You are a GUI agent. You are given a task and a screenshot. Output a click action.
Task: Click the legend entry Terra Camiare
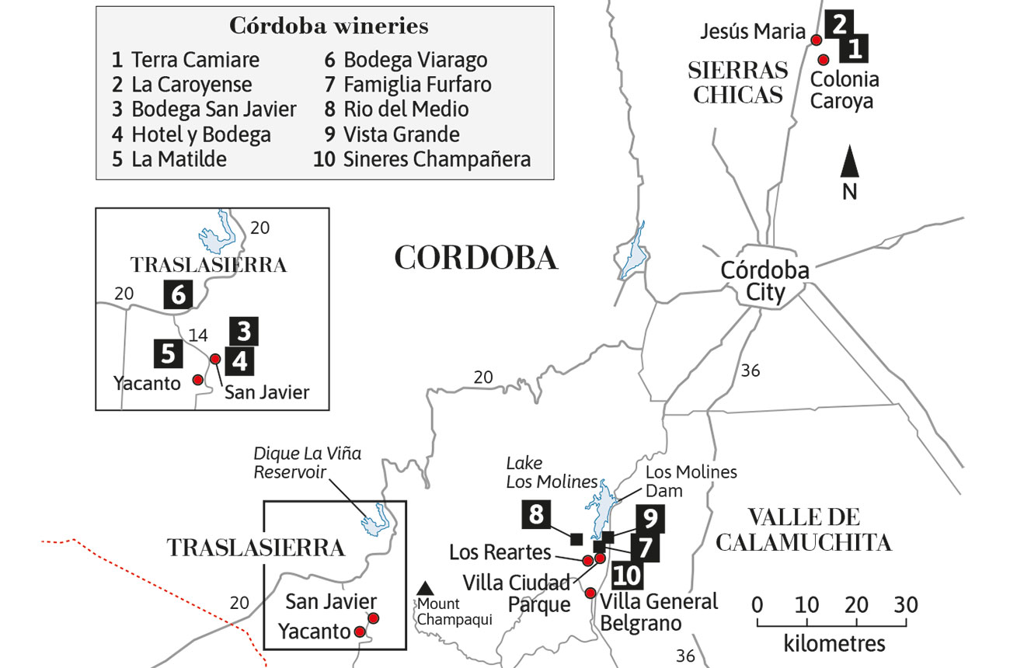185,60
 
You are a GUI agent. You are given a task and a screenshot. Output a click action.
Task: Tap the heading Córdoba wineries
329,26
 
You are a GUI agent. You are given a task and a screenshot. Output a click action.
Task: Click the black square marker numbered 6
178,295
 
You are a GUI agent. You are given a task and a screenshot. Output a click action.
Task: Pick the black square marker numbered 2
837,24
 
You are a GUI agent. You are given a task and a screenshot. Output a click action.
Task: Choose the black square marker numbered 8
536,514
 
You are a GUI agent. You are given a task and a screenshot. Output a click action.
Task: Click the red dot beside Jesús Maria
816,40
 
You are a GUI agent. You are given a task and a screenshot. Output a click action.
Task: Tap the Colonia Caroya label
845,90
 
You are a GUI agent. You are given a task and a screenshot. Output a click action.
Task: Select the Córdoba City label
764,281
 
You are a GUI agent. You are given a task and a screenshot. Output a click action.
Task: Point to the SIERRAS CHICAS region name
738,82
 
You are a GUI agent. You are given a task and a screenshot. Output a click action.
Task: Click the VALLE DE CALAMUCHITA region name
803,530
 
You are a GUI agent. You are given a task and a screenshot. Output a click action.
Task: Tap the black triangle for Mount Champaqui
424,589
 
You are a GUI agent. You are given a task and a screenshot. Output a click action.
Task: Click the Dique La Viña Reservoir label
308,463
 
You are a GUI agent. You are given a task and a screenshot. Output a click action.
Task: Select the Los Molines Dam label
691,481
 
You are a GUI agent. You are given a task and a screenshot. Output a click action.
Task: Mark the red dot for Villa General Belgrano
590,593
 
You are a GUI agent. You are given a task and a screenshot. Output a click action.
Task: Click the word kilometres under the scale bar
834,644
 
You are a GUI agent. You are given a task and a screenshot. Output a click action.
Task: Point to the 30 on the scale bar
906,605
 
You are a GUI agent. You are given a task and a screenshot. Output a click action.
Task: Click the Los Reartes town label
500,552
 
